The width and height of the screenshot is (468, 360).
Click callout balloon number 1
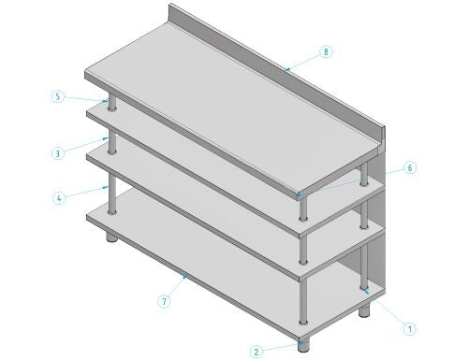click(410, 329)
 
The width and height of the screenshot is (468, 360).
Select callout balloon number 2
click(256, 352)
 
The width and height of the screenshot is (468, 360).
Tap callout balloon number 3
click(57, 153)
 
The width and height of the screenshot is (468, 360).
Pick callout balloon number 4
click(59, 198)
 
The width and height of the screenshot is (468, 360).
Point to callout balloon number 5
click(58, 96)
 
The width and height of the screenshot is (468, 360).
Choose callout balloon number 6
click(410, 168)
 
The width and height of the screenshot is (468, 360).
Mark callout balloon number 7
click(164, 301)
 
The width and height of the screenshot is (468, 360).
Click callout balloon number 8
click(326, 51)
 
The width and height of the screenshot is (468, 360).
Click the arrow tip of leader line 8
click(286, 70)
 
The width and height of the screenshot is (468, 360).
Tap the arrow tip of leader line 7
click(187, 274)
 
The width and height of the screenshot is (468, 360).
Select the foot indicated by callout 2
click(302, 344)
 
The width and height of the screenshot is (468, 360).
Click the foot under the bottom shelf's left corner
click(111, 237)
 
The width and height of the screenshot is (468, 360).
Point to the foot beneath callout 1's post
click(364, 310)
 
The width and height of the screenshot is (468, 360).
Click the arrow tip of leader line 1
click(363, 290)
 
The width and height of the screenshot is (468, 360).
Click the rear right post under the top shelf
click(364, 175)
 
